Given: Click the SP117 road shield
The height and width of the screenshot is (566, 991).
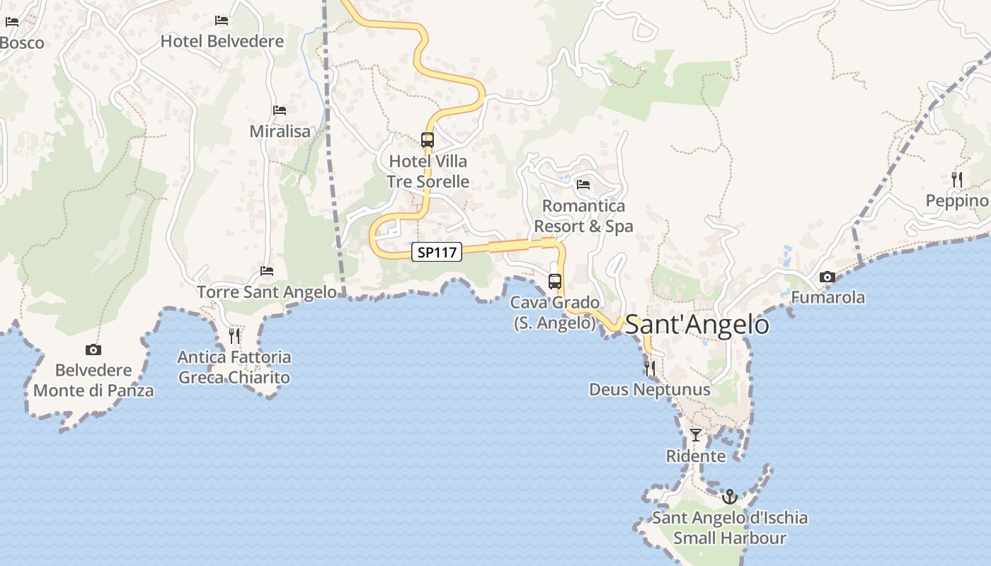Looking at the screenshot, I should point(437,251).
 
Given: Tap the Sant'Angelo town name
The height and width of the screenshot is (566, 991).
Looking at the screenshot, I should point(697,325).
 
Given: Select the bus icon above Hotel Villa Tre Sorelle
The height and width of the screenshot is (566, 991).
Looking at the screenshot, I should point(428,139).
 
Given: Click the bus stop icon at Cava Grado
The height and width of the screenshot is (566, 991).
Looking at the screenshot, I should point(555,281).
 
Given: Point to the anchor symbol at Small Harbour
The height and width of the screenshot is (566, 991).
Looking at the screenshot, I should point(730,497).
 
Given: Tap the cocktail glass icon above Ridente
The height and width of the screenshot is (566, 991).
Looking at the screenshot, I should point(696,435).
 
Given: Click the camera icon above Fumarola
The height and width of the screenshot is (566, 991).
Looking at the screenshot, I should point(827,277).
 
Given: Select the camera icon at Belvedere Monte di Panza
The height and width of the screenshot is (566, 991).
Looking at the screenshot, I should point(93,350).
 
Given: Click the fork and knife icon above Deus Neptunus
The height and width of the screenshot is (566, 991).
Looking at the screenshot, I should point(650,368).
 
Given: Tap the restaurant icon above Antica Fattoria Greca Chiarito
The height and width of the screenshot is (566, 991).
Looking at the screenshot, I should point(234,335).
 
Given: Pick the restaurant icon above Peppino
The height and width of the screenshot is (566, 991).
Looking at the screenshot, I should point(957,180).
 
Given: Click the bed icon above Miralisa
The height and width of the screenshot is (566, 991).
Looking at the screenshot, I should point(280,110).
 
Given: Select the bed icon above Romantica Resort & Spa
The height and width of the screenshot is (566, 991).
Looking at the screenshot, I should point(583,185).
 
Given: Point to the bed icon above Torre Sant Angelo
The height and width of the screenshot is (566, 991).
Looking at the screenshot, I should point(267,270).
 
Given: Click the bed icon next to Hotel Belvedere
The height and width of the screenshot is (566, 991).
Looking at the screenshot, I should point(222,21).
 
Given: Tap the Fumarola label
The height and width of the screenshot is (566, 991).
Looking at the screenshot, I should point(827,297).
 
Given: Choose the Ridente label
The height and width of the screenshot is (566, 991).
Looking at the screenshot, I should point(696,456).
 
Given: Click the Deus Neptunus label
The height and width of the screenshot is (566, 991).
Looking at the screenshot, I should point(650,389).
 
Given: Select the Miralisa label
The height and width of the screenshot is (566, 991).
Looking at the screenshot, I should point(280,132).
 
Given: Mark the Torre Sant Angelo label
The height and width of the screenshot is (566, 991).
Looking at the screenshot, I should point(267,291).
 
